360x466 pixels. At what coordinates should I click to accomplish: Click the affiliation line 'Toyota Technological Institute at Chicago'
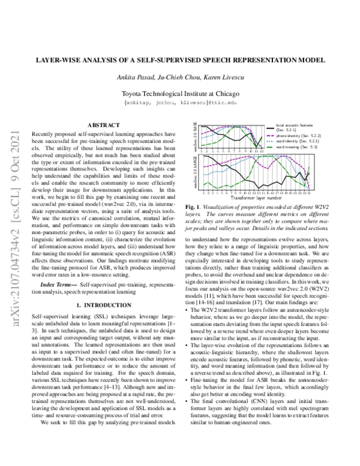pos(180,94)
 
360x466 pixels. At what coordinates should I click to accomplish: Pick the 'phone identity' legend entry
pos(295,136)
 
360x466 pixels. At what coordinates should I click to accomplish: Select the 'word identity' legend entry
pos(294,141)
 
